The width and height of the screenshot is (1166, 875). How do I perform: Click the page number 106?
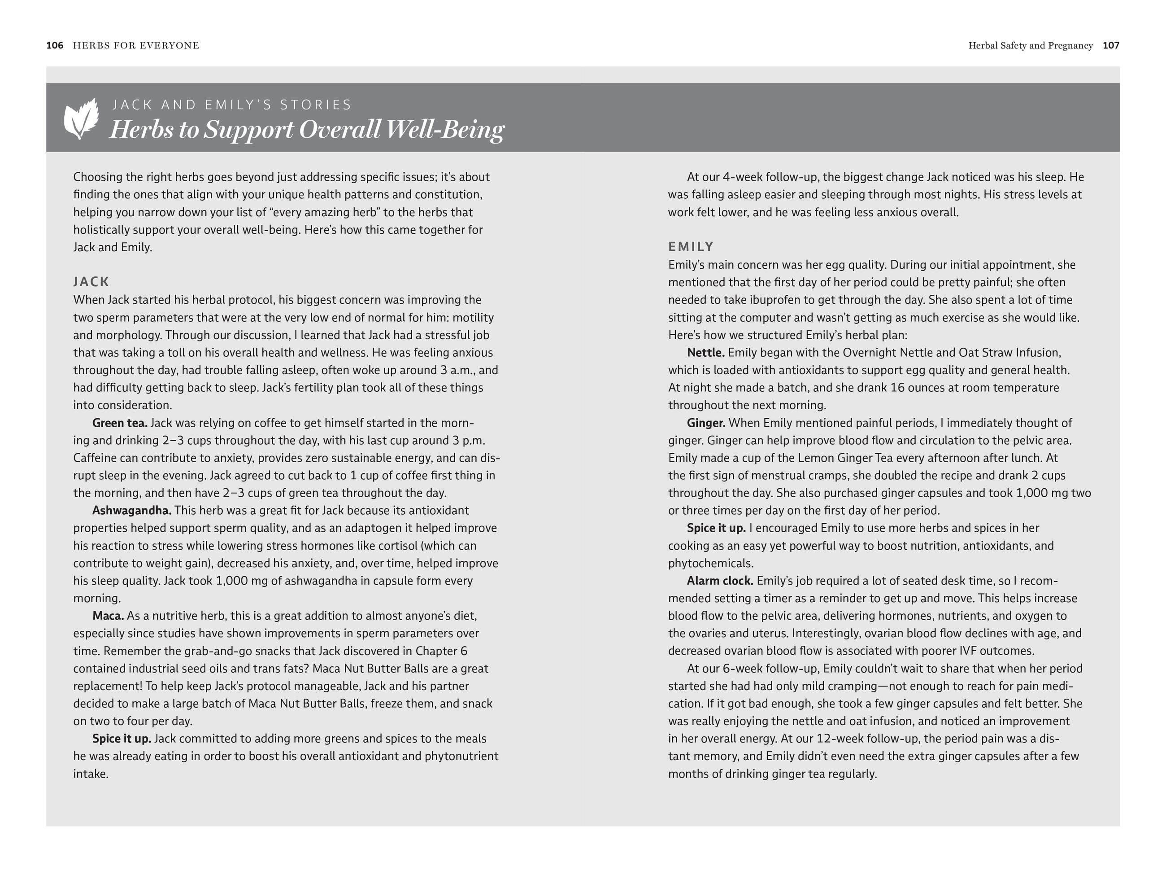[55, 45]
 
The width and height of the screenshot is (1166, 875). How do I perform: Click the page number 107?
[1111, 45]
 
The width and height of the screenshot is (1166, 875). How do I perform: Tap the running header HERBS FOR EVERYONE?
[136, 45]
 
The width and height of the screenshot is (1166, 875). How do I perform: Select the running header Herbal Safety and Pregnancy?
[1030, 45]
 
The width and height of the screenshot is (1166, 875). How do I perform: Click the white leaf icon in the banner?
[81, 118]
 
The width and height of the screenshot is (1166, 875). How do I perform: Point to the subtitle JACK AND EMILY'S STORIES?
[232, 105]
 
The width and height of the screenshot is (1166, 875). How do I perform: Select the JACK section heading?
[91, 282]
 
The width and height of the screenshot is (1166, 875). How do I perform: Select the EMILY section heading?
[691, 247]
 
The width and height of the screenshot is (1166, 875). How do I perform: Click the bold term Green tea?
[120, 423]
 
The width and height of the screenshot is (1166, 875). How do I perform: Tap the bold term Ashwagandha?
[132, 511]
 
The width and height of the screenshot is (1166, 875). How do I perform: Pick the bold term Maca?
[108, 616]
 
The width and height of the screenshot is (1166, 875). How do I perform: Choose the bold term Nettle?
[705, 353]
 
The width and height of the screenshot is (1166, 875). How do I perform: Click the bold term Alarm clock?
[719, 581]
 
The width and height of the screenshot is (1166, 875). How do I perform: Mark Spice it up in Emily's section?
[716, 528]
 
